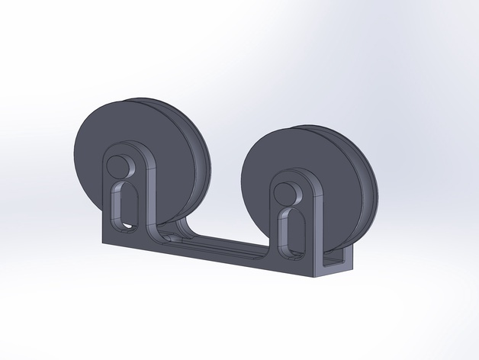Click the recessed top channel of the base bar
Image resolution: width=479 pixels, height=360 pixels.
[x=217, y=242]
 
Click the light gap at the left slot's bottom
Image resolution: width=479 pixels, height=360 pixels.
[x=125, y=227]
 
